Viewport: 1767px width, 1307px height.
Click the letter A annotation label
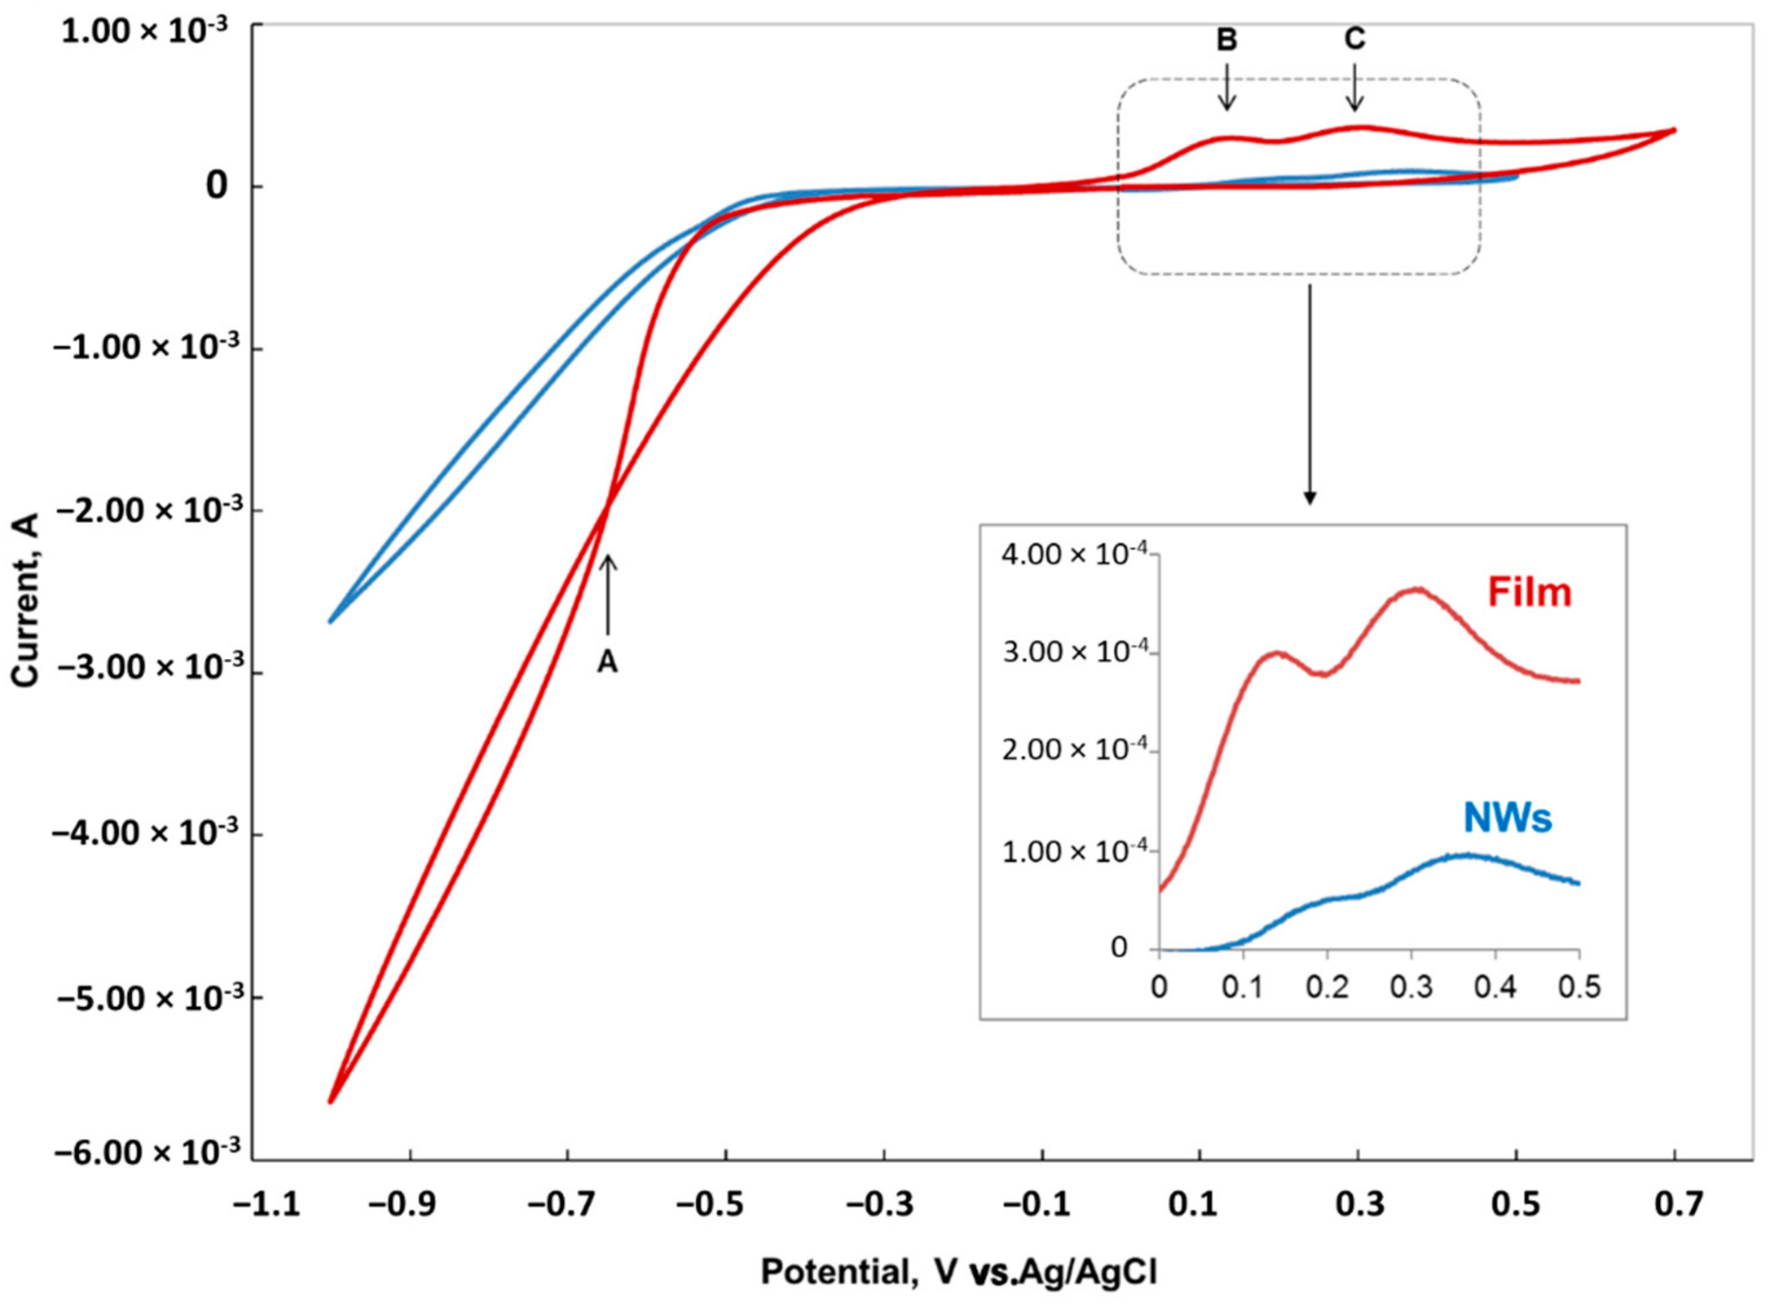click(607, 662)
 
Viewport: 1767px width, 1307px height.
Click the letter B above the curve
click(1226, 39)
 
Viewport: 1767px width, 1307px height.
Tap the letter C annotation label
click(1355, 38)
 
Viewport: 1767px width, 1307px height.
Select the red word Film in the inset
click(1529, 592)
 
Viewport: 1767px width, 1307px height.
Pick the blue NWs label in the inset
click(1507, 818)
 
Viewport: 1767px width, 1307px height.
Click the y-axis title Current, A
click(26, 600)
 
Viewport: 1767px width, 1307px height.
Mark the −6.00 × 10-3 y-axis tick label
click(146, 1154)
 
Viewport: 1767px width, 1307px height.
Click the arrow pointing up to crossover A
click(608, 593)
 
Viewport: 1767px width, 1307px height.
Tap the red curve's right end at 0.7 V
click(1674, 130)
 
